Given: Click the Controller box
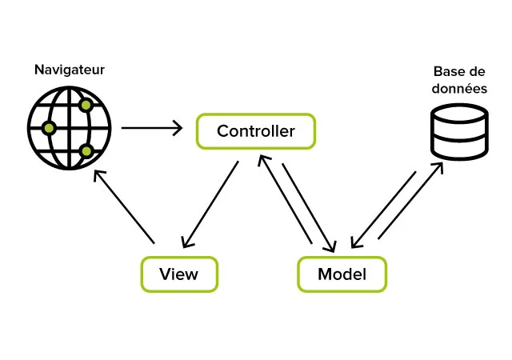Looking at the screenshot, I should (256, 131).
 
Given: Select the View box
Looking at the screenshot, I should (179, 274).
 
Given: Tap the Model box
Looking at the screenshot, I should (342, 274).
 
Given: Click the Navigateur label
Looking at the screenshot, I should (69, 70).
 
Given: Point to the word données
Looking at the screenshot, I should (460, 89).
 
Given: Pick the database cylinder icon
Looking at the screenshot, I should (459, 131).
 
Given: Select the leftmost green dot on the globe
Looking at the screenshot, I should (49, 128).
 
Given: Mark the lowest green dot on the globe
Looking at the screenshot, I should (86, 151).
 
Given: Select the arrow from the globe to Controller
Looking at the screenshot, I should (151, 128).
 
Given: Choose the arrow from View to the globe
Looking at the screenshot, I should (124, 206).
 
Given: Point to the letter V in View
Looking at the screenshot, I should (165, 274).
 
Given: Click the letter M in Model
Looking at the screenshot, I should (325, 274).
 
